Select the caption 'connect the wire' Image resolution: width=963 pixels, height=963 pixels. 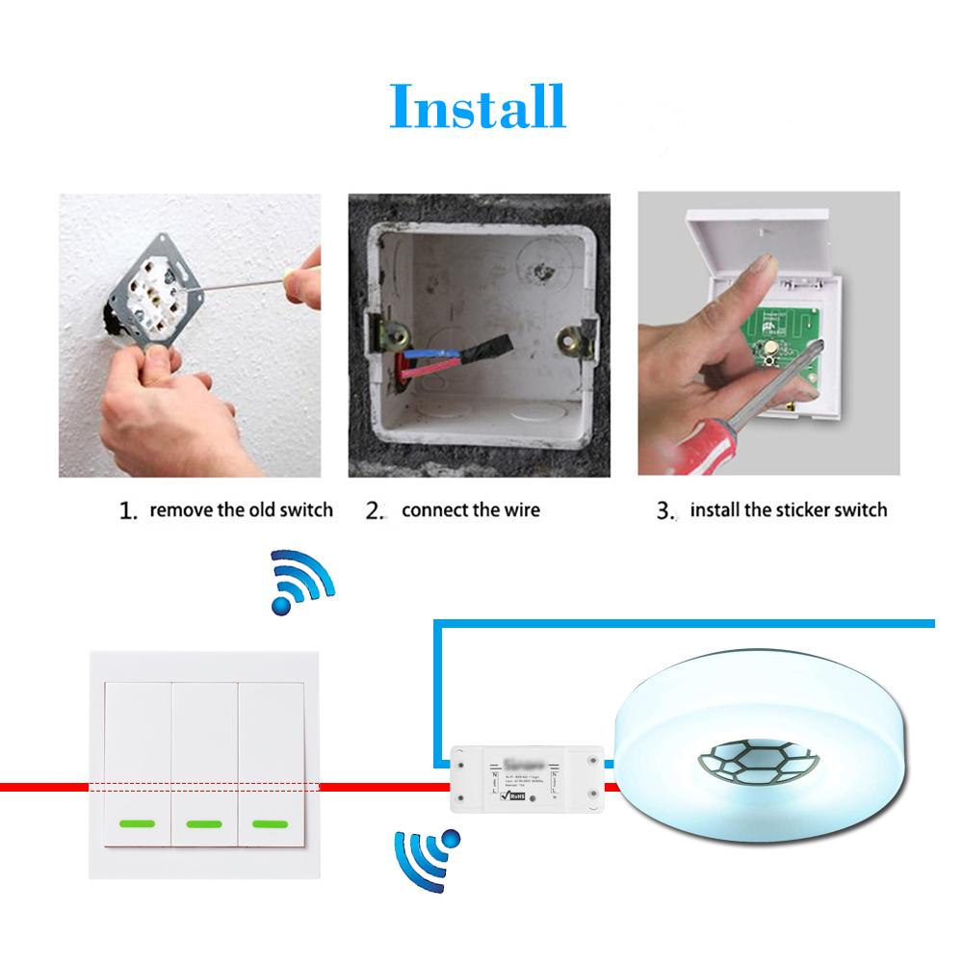[x=470, y=509]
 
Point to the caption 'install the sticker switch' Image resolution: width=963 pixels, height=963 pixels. [x=789, y=509]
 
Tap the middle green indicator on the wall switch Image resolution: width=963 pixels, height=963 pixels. [x=203, y=824]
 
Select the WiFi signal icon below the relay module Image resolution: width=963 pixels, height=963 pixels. [x=425, y=853]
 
